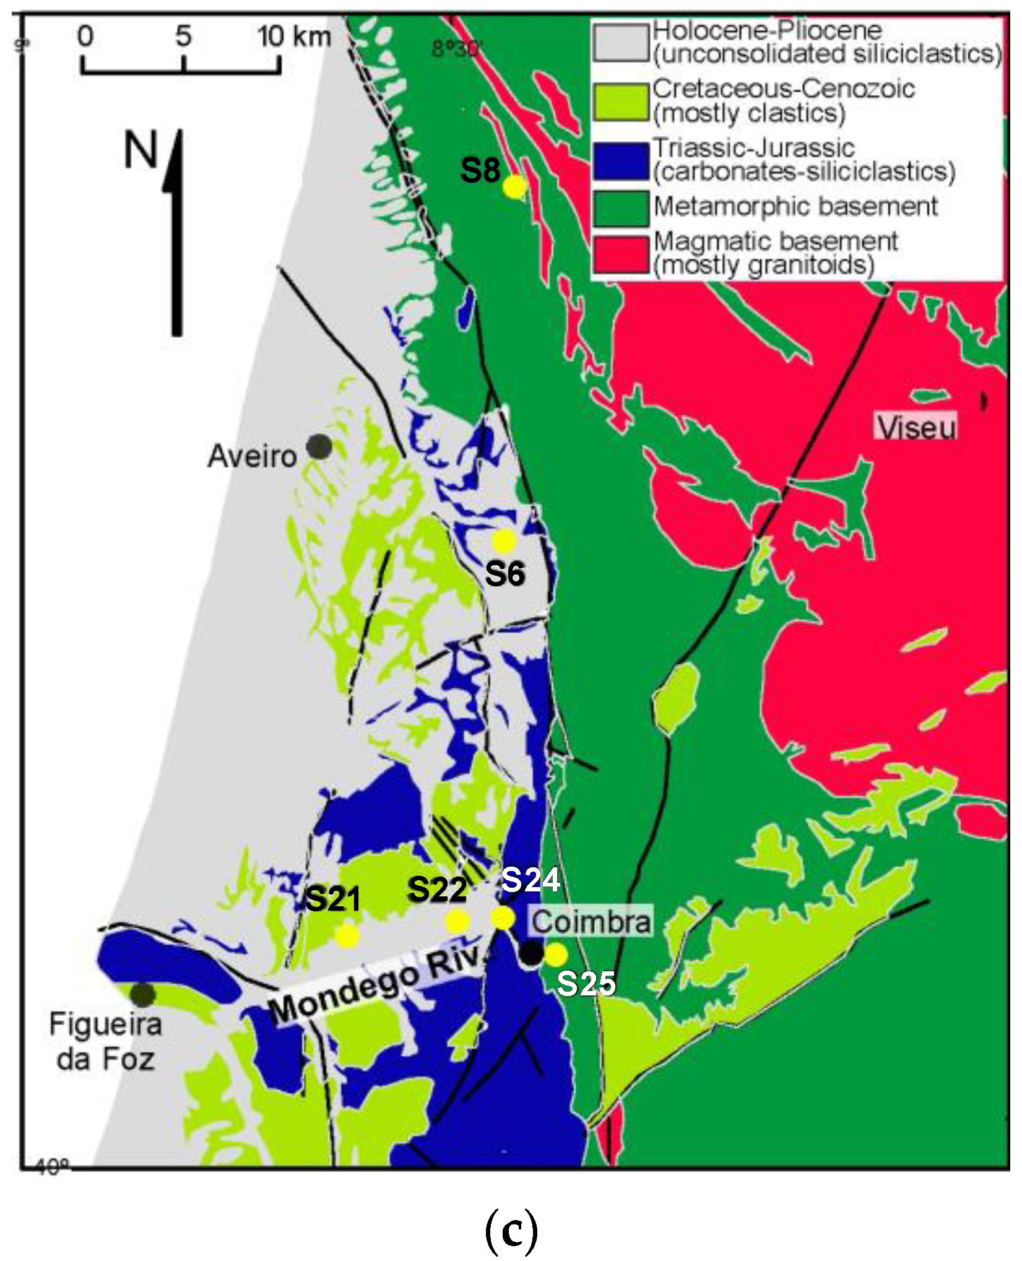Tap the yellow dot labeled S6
504,541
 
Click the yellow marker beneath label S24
503,917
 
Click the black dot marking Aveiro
319,446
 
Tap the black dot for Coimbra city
531,953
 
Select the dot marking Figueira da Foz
143,995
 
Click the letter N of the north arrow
141,151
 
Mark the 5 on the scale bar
183,37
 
